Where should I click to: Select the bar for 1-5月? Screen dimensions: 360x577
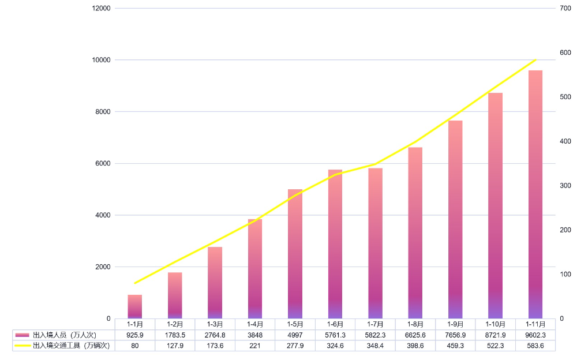tap(295, 254)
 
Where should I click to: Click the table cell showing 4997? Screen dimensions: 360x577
tap(295, 335)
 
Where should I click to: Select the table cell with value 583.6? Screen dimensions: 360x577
tap(535, 346)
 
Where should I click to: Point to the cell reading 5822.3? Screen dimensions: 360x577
tap(375, 335)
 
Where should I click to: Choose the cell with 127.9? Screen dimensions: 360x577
tap(175, 346)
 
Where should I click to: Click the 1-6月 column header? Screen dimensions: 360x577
tap(335, 324)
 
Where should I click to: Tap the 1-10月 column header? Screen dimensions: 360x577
tap(496, 324)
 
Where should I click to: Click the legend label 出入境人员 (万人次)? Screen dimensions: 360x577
tap(64, 335)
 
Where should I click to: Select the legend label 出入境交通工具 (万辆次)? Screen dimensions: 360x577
tap(71, 346)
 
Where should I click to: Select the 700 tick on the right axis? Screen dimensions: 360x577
tap(565, 8)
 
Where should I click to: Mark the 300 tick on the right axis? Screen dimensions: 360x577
tap(565, 186)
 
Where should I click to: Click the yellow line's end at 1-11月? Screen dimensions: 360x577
tap(535, 60)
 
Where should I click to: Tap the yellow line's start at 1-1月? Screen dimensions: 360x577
tap(135, 283)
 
